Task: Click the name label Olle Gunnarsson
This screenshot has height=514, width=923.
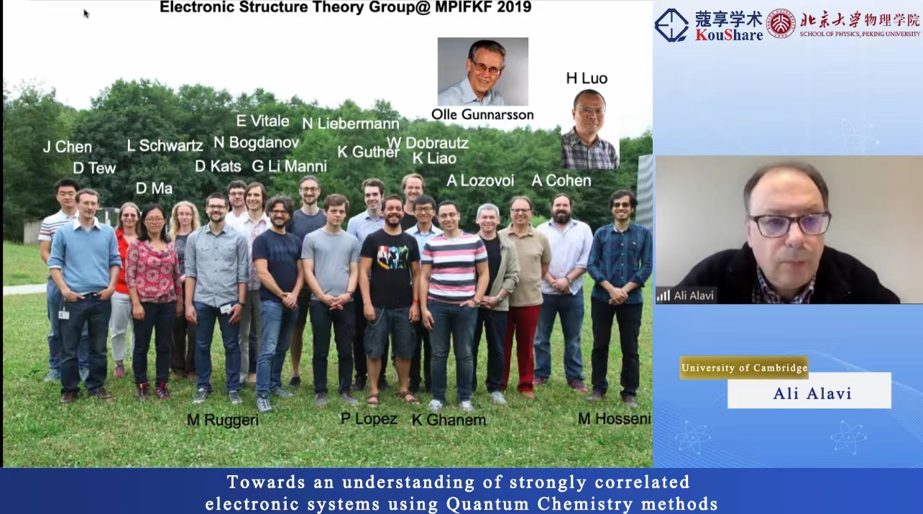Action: click(x=482, y=114)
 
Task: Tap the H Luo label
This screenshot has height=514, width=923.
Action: click(x=587, y=78)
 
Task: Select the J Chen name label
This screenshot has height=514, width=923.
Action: click(x=68, y=147)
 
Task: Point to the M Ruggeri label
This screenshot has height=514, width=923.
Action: click(x=223, y=420)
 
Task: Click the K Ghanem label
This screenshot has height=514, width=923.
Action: click(x=449, y=420)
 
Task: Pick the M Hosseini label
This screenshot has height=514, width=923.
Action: click(x=615, y=419)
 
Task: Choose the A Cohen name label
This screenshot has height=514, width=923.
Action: click(x=561, y=180)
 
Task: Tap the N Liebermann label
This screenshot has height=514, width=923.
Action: click(x=351, y=124)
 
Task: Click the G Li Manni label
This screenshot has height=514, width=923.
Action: click(x=289, y=166)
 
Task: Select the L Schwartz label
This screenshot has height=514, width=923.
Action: click(x=165, y=145)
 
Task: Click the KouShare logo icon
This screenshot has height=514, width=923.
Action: click(x=671, y=25)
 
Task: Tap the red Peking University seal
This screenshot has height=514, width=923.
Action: click(x=781, y=24)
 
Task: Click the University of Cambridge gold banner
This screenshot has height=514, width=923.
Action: click(x=744, y=367)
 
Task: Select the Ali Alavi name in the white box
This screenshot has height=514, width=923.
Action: click(x=812, y=394)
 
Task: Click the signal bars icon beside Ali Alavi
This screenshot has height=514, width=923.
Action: click(x=663, y=295)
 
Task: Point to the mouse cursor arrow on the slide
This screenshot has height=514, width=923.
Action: click(x=86, y=14)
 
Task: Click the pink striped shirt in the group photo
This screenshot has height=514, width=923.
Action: click(x=454, y=267)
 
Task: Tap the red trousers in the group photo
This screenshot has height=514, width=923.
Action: click(x=521, y=347)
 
